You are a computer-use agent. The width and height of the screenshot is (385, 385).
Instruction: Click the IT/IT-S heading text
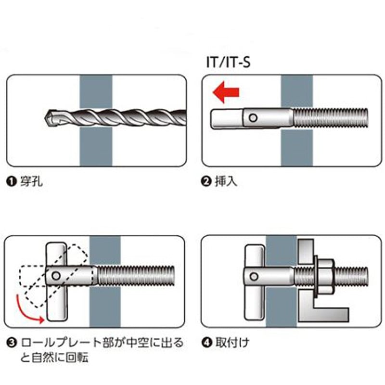pyautogui.click(x=228, y=62)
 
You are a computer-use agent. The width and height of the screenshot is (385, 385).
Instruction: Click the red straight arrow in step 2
pyautogui.click(x=226, y=92)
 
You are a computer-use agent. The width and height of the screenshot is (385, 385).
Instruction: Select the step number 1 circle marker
pyautogui.click(x=11, y=182)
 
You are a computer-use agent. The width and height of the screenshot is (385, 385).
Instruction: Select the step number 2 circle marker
pyautogui.click(x=206, y=182)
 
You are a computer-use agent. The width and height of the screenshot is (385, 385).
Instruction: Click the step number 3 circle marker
pyautogui.click(x=11, y=343)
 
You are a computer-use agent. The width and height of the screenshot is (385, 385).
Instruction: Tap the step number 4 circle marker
pyautogui.click(x=206, y=343)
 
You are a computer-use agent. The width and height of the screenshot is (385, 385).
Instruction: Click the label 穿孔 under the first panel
pyautogui.click(x=31, y=182)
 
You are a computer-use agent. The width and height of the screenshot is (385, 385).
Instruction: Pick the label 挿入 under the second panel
pyautogui.click(x=226, y=182)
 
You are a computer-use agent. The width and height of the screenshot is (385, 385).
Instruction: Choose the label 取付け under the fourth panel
pyautogui.click(x=232, y=343)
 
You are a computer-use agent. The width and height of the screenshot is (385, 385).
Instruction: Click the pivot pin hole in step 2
pyautogui.click(x=253, y=118)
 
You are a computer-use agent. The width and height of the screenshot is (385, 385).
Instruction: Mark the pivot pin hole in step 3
pyautogui.click(x=56, y=276)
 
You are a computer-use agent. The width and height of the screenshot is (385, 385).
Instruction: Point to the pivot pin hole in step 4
pyautogui.click(x=254, y=277)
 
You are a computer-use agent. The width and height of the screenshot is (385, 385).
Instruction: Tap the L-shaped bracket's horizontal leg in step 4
pyautogui.click(x=323, y=315)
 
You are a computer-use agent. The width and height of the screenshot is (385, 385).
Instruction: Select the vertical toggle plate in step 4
pyautogui.click(x=255, y=282)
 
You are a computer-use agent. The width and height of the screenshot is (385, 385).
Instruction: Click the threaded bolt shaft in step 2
pyautogui.click(x=331, y=118)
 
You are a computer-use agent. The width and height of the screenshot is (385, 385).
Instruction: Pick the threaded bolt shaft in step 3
pyautogui.click(x=136, y=276)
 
